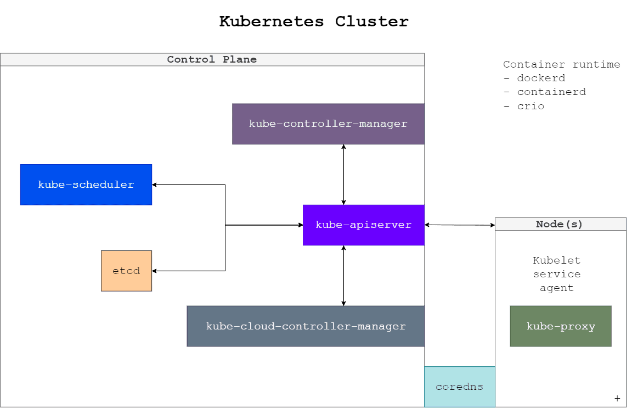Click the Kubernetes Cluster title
pos(314,21)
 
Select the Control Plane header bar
pos(212,59)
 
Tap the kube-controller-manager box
pos(328,124)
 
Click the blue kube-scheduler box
pos(86,185)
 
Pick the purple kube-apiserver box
pos(363,225)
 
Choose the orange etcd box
pos(126,271)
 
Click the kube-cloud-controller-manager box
pos(306,326)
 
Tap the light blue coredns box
pos(459,387)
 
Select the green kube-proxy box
pos(561,326)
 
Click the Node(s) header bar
pos(560,224)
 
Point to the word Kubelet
pos(556,260)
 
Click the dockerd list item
pos(540,79)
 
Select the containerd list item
pos(551,92)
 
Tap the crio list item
pos(530,106)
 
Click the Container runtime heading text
pos(561,65)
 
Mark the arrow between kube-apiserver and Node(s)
pos(460,225)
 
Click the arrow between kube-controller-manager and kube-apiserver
pos(344,175)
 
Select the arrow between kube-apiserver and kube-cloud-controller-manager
pos(344,276)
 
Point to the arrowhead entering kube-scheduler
pos(155,185)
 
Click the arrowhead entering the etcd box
pos(155,271)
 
